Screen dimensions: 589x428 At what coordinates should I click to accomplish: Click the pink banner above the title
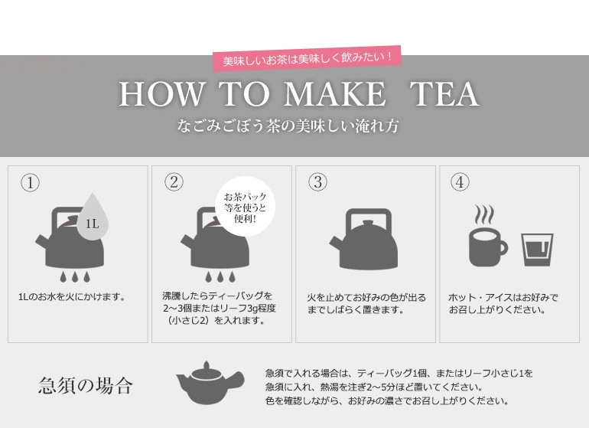pyautogui.click(x=308, y=59)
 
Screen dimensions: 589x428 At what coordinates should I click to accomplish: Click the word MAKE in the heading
pyautogui.click(x=334, y=94)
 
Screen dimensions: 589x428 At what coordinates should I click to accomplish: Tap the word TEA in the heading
pyautogui.click(x=444, y=94)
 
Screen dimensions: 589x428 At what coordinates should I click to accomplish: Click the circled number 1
pyautogui.click(x=30, y=182)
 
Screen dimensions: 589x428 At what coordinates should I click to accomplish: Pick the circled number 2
pyautogui.click(x=174, y=181)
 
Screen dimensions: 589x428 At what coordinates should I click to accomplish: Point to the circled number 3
pyautogui.click(x=317, y=181)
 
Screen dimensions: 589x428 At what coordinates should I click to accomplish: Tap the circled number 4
pyautogui.click(x=460, y=181)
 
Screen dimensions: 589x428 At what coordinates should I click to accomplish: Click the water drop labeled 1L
pyautogui.click(x=93, y=218)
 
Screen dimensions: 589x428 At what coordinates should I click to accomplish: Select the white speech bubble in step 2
pyautogui.click(x=245, y=207)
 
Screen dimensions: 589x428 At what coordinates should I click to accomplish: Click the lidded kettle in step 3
pyautogui.click(x=363, y=239)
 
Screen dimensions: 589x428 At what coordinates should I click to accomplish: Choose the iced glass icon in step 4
pyautogui.click(x=537, y=250)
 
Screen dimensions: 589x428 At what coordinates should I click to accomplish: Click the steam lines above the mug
pyautogui.click(x=483, y=214)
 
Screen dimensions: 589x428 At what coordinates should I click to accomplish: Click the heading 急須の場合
pyautogui.click(x=86, y=385)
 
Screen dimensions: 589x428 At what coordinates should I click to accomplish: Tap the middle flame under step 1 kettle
pyautogui.click(x=75, y=276)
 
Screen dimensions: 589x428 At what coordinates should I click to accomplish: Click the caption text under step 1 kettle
pyautogui.click(x=72, y=297)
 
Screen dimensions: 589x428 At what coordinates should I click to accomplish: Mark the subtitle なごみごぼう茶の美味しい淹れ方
pyautogui.click(x=288, y=126)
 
